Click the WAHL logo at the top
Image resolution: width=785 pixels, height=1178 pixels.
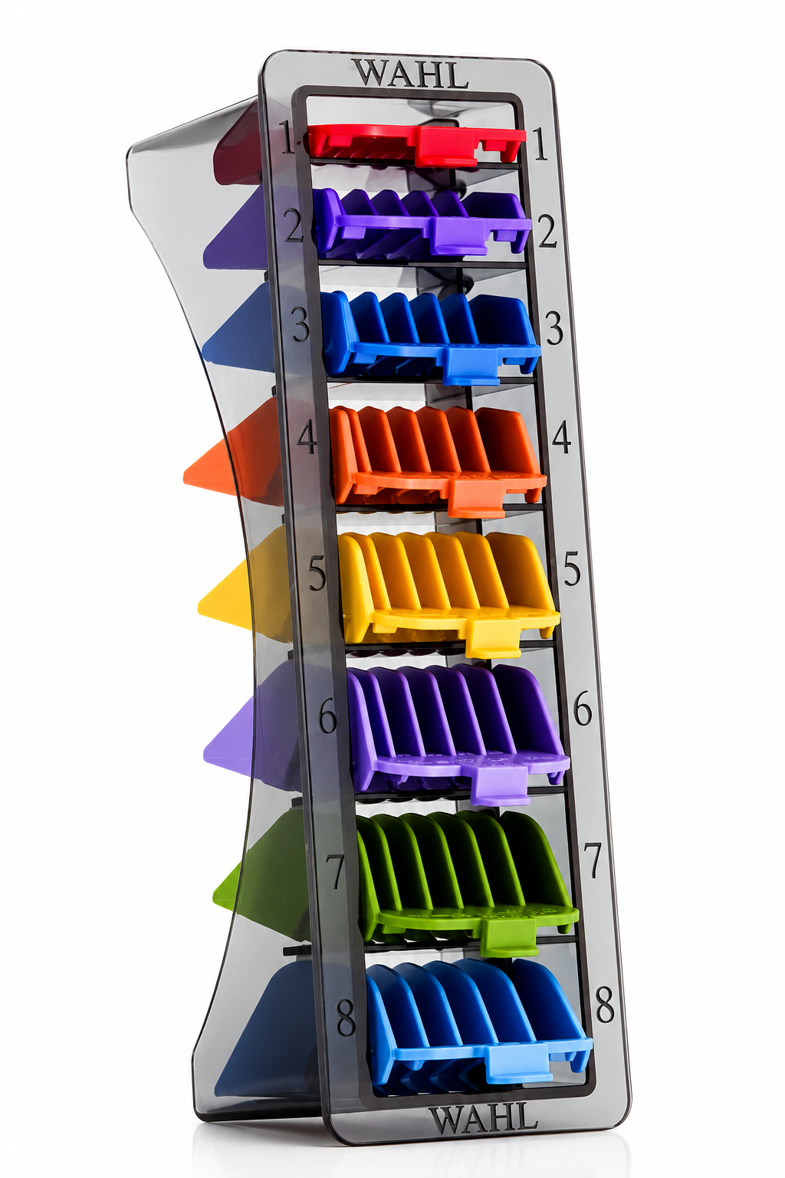coord(410,74)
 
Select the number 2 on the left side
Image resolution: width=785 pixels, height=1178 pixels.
coord(294,225)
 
